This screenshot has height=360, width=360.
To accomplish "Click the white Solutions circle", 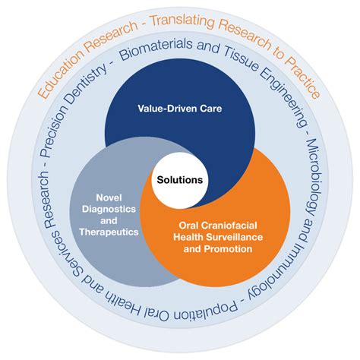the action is pyautogui.click(x=180, y=180).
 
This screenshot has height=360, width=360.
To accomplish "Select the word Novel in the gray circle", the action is pyautogui.click(x=109, y=197).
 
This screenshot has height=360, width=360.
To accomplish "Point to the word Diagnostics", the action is pyautogui.click(x=109, y=209).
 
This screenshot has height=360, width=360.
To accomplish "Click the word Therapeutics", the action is pyautogui.click(x=109, y=232).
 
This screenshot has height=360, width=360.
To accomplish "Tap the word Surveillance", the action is pyautogui.click(x=235, y=237).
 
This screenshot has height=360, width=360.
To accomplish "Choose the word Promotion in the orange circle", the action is pyautogui.click(x=228, y=249).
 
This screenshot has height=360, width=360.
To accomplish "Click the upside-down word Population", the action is pyautogui.click(x=206, y=310).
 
